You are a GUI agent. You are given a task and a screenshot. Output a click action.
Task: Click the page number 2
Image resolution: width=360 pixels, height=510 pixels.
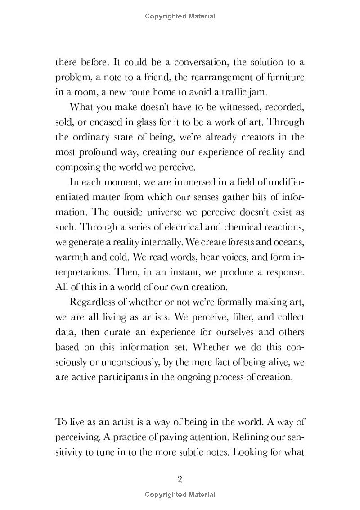(x=180, y=479)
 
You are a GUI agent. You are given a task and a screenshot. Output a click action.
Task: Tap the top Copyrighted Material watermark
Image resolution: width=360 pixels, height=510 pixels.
(x=180, y=16)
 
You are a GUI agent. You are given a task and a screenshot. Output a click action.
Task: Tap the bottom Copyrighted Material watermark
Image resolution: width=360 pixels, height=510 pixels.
(x=180, y=494)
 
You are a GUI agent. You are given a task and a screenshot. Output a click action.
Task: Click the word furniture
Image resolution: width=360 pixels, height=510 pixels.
(x=284, y=77)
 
